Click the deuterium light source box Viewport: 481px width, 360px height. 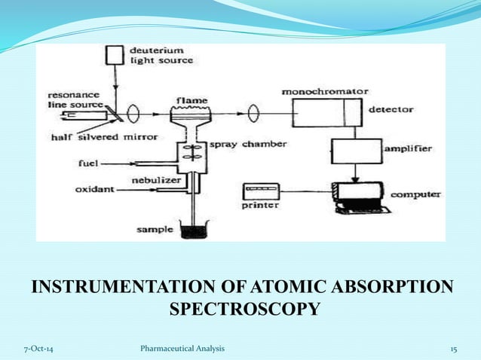(x=115, y=54)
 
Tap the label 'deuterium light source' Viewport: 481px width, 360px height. (x=161, y=55)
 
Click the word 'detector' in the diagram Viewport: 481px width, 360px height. (x=391, y=109)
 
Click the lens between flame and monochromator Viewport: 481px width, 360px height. (x=253, y=114)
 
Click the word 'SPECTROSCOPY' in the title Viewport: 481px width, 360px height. (x=241, y=310)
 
